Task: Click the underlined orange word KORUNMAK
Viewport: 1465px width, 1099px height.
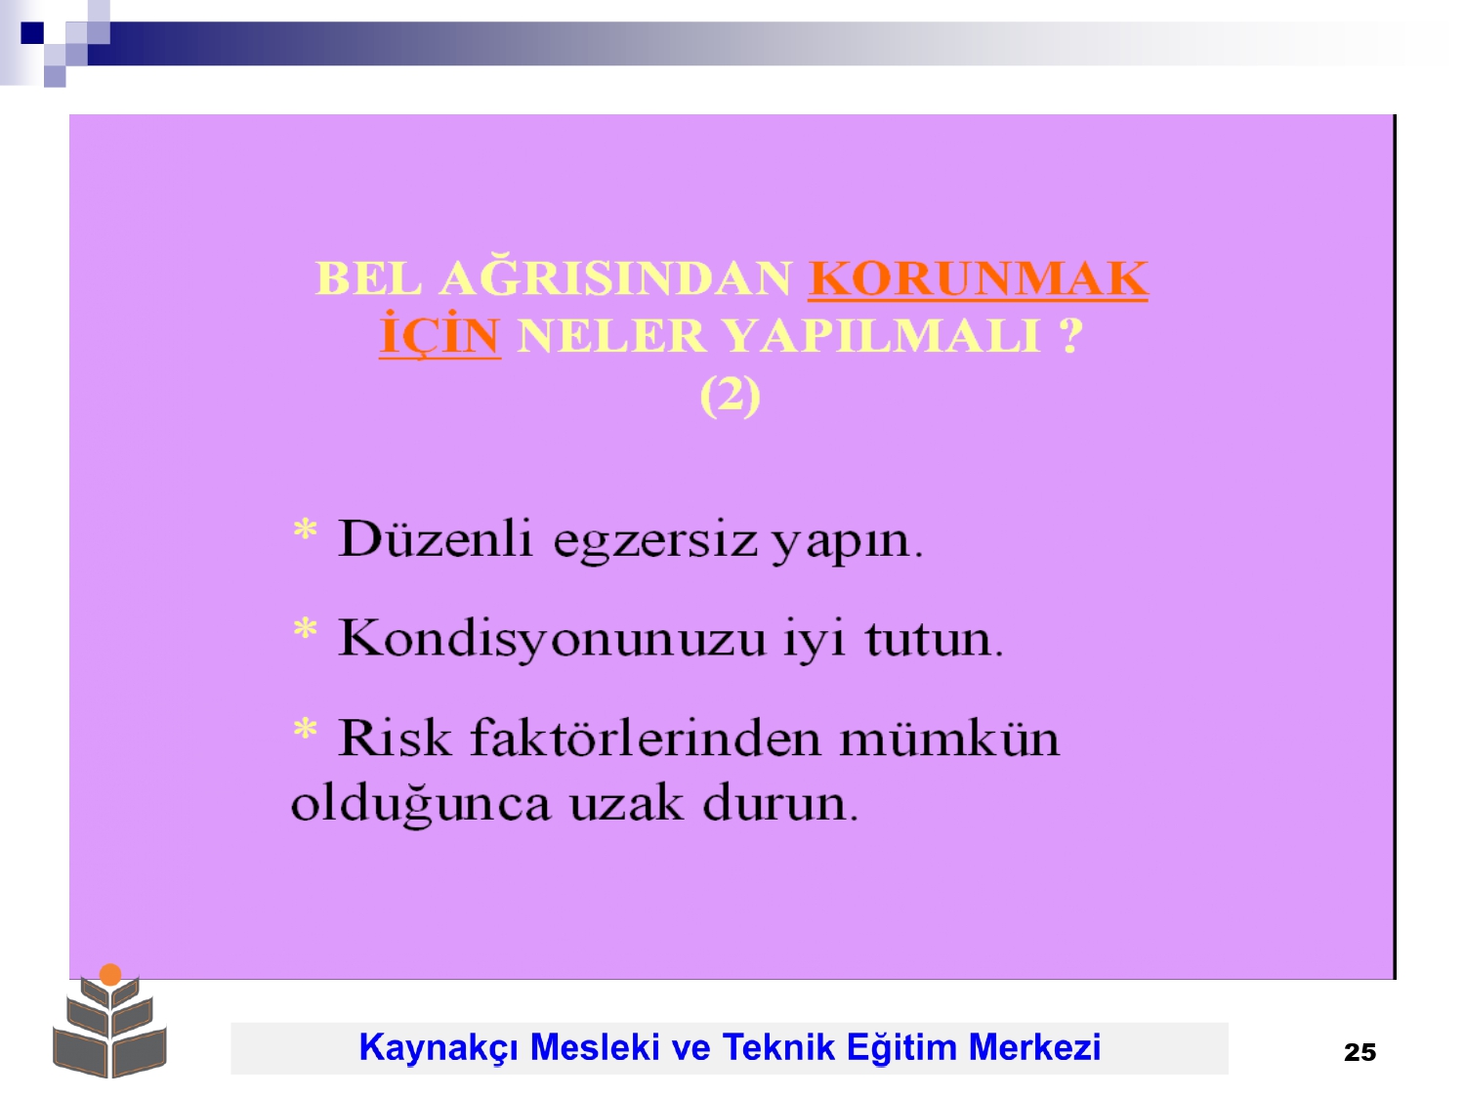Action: (x=978, y=278)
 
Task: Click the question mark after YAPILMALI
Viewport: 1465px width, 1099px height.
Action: (x=1070, y=335)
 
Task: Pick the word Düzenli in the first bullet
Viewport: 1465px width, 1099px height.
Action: (x=436, y=538)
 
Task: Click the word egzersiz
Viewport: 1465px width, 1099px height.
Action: (x=655, y=543)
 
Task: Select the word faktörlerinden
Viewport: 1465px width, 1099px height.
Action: (x=646, y=738)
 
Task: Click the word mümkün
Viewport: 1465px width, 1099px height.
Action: (x=949, y=738)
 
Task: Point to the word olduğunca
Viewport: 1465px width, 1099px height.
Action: (x=421, y=804)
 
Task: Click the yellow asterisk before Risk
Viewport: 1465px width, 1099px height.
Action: (x=305, y=729)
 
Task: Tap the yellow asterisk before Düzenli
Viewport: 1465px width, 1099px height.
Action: (x=305, y=529)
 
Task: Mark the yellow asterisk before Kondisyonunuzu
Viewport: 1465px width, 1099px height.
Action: (x=305, y=629)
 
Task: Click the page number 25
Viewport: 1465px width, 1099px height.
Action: (x=1360, y=1053)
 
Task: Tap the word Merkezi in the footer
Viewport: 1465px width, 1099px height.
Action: (x=1034, y=1047)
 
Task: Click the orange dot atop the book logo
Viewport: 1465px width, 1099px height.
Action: (x=110, y=974)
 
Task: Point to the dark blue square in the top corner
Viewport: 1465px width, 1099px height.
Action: (x=32, y=32)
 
